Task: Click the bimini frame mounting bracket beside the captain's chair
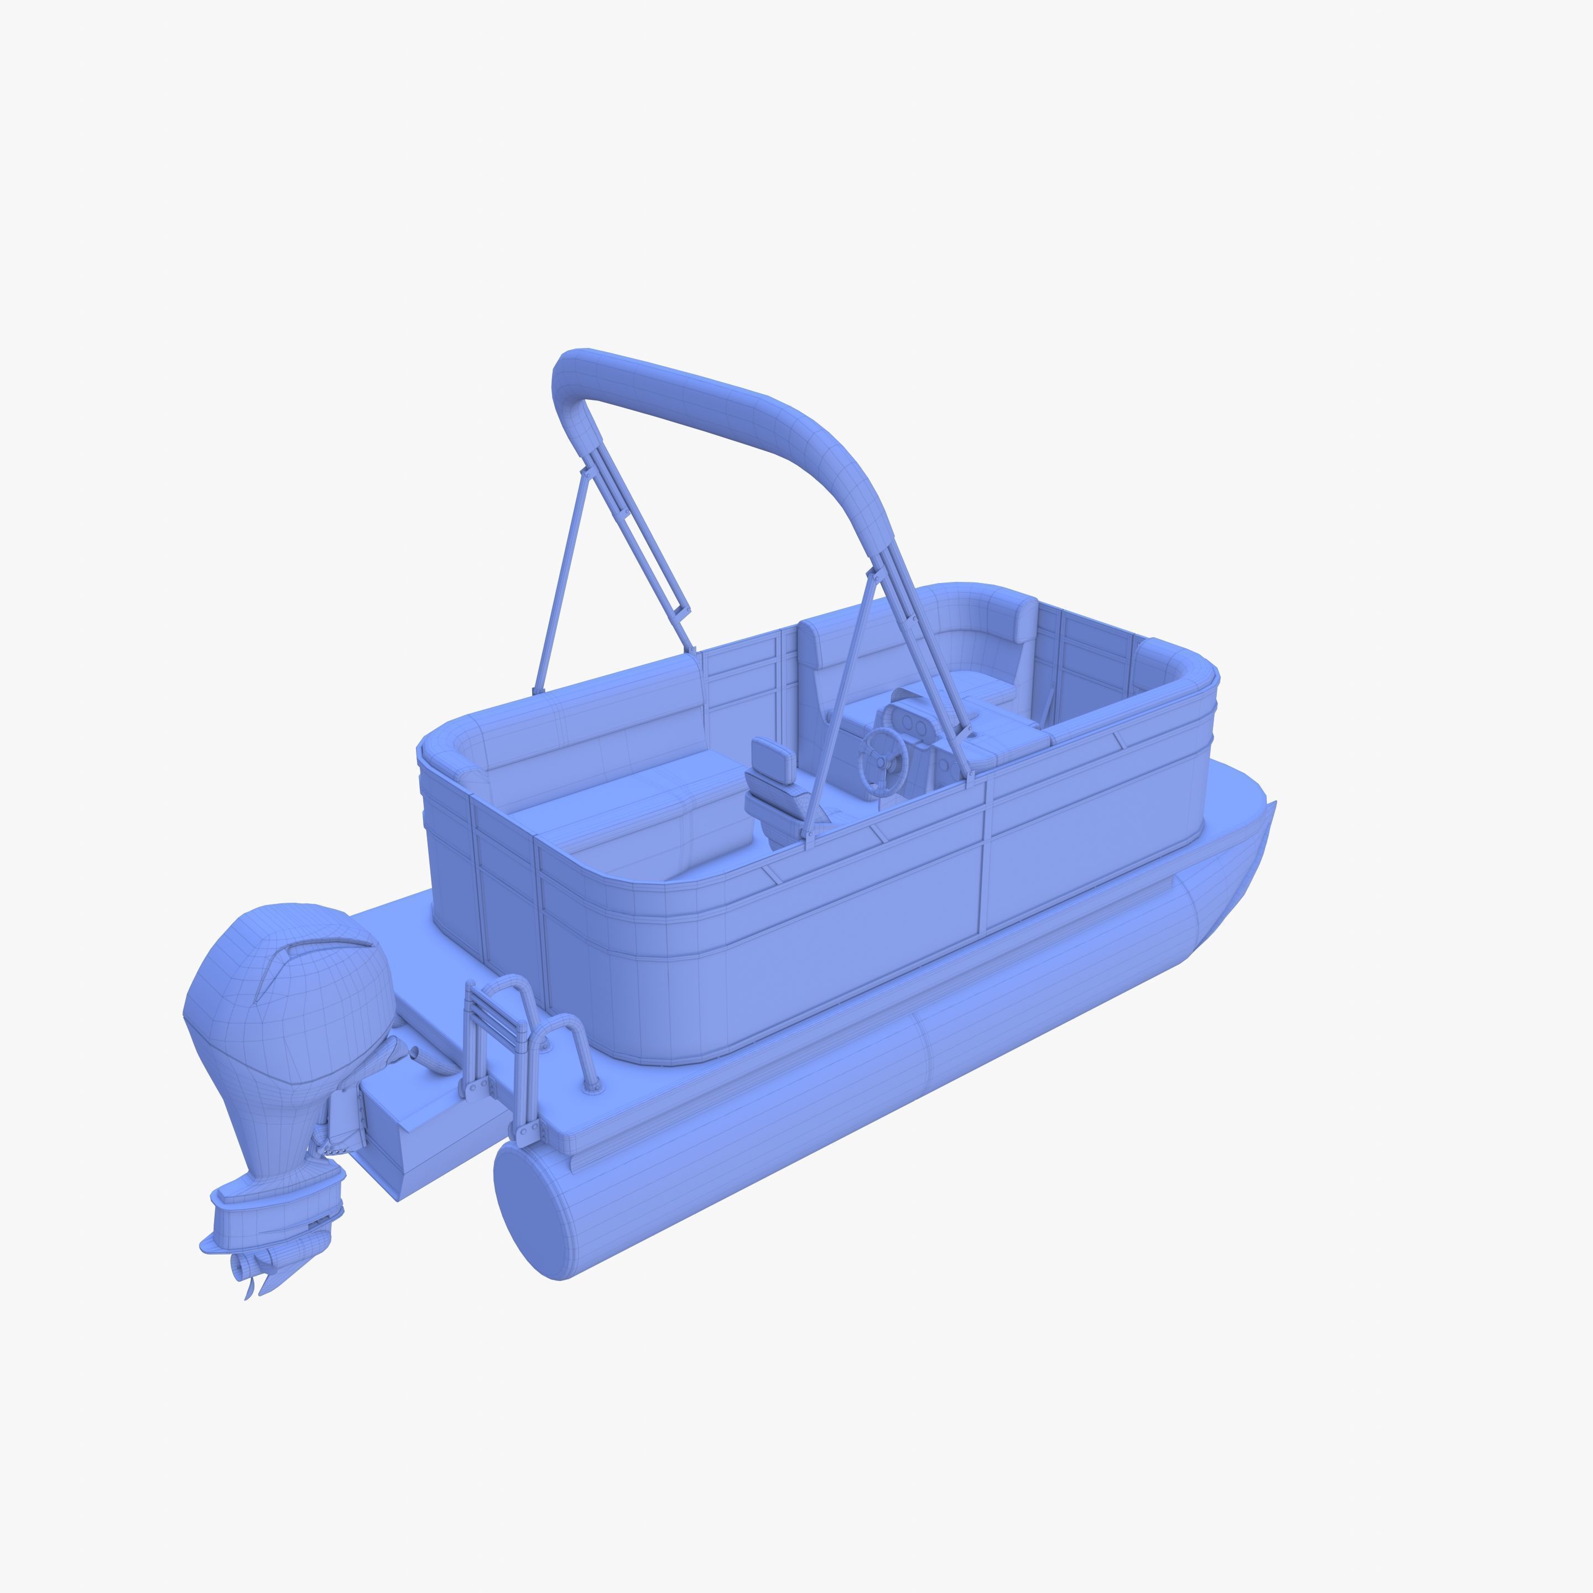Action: point(809,836)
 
